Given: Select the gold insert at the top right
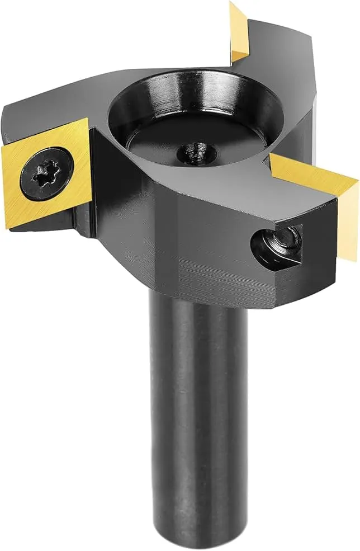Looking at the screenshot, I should click(239, 31).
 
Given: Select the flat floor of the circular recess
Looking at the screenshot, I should click(184, 137).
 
